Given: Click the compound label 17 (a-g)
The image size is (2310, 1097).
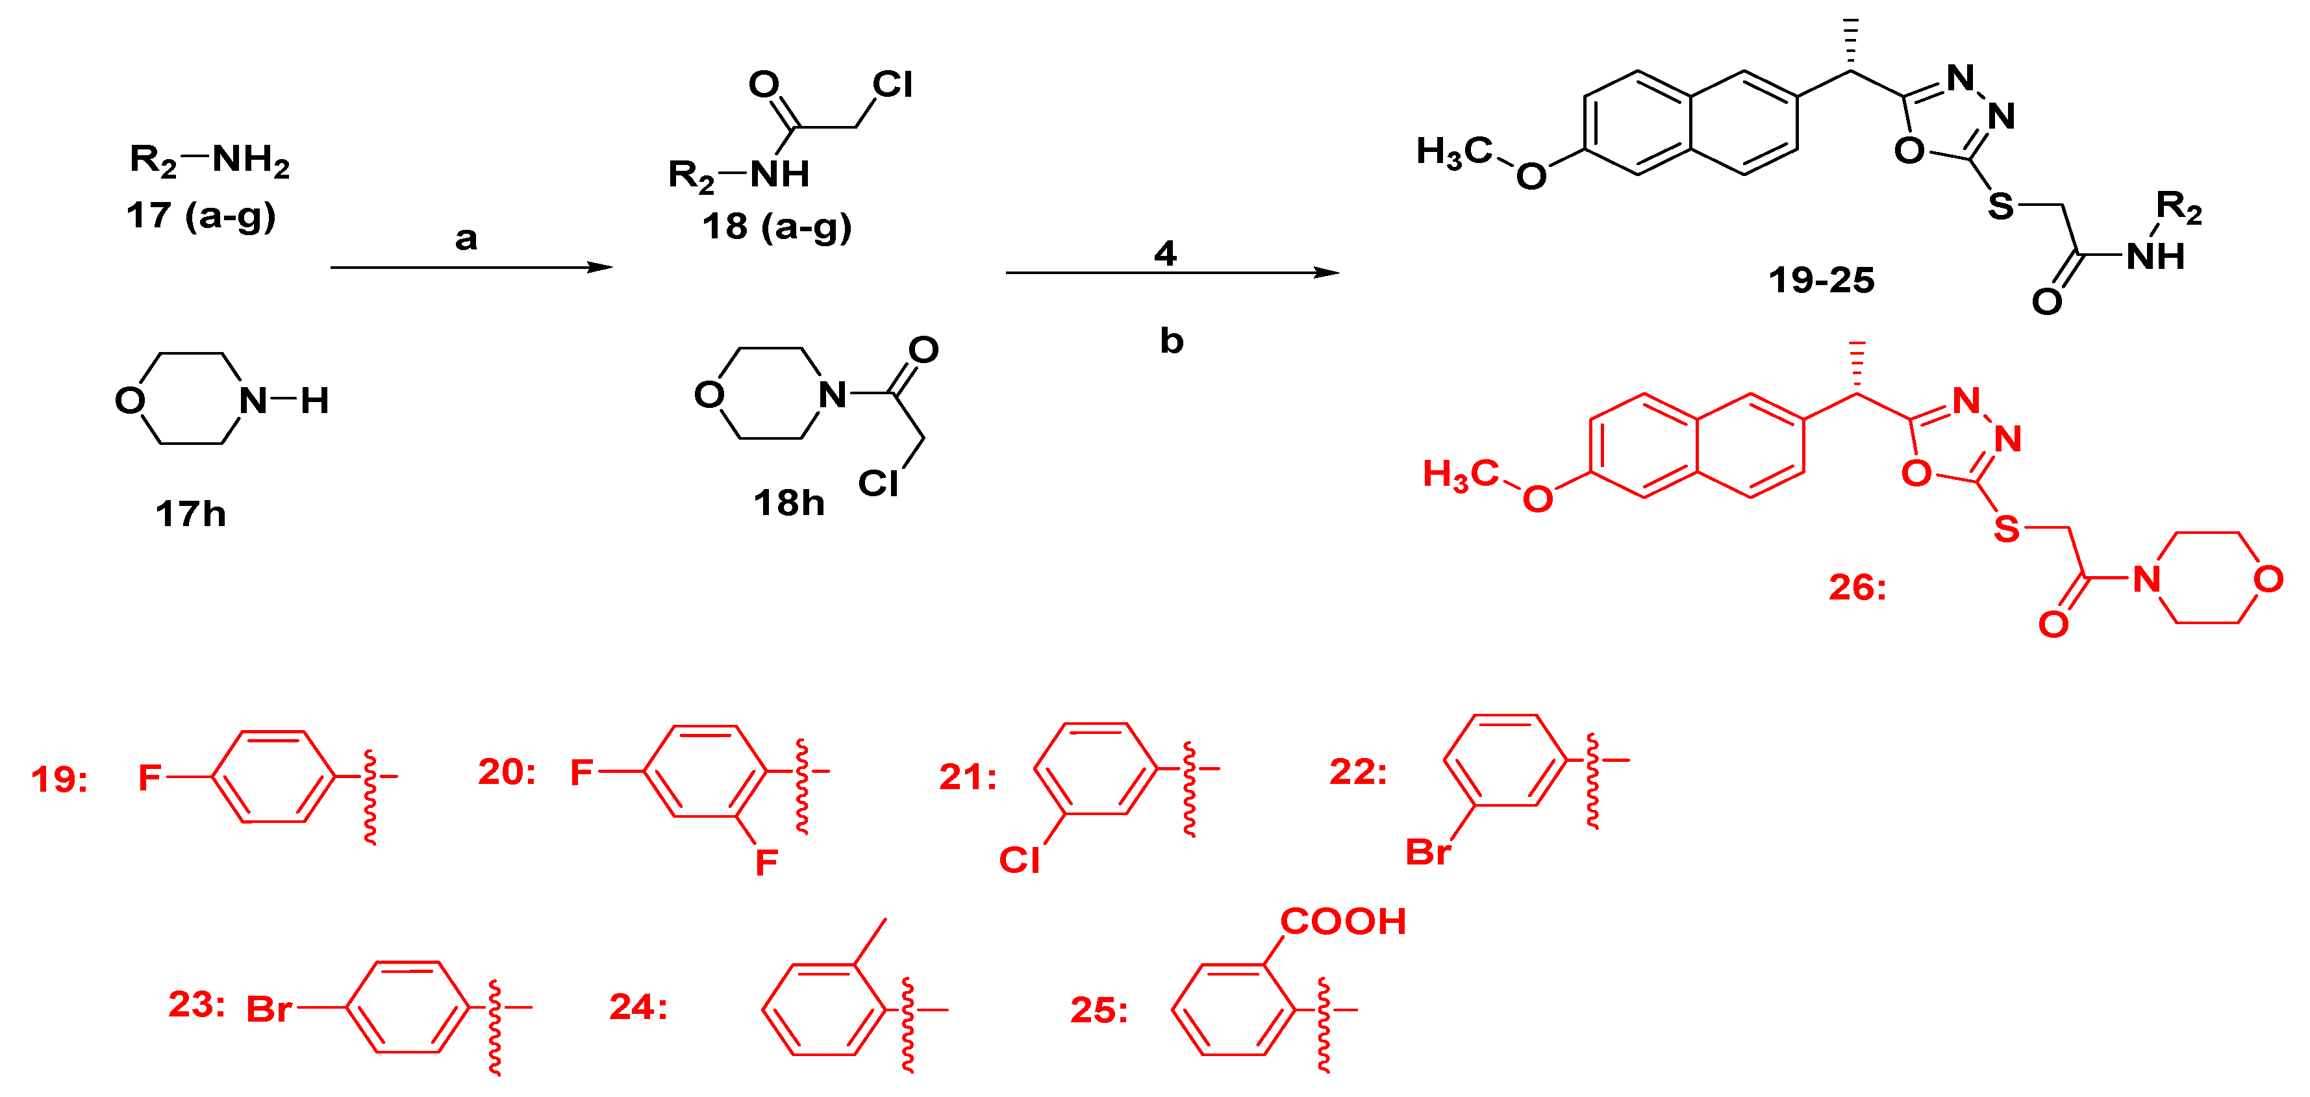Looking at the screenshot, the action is pos(201,216).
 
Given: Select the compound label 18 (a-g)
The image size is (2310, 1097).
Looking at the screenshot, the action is pos(777,227).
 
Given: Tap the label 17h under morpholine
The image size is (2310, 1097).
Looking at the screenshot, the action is pos(190,514).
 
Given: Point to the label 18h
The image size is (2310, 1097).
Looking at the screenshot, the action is pos(788,503).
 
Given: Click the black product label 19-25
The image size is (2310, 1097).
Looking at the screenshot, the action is pos(1821,281).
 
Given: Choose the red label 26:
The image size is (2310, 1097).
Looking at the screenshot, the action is pos(1857,588).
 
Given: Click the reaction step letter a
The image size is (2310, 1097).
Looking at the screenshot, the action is pos(466,238).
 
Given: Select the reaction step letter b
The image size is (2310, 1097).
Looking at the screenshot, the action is pos(1171,341).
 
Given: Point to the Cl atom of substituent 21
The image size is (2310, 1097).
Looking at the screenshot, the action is pos(1020,860).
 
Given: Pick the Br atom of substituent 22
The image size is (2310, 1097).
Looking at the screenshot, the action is pos(1427,852).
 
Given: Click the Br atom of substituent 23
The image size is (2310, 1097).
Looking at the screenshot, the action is pos(268,1010).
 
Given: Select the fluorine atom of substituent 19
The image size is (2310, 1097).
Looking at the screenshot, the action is pos(149,777).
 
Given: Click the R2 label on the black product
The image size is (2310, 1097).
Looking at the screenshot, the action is pos(2179,208).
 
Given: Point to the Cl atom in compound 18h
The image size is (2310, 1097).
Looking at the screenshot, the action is pos(878,483).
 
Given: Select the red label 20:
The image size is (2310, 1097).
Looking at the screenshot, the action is pos(507,772).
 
